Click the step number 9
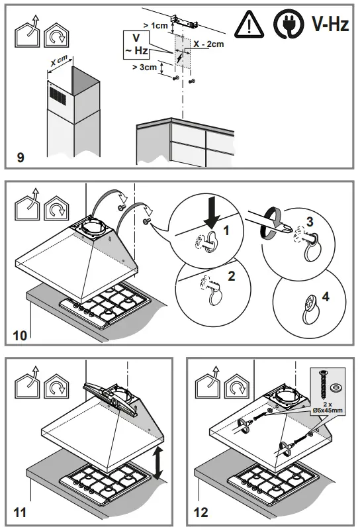(x=21, y=157)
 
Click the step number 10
(x=21, y=335)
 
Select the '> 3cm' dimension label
(x=144, y=68)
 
